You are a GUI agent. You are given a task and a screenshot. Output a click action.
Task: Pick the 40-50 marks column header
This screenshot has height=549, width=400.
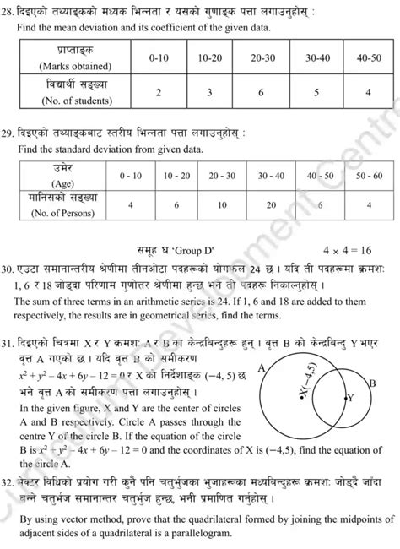click(370, 61)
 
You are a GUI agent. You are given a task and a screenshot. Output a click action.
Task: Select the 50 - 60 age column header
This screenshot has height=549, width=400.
click(369, 175)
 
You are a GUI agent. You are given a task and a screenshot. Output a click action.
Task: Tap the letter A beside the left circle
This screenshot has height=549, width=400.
click(262, 367)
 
